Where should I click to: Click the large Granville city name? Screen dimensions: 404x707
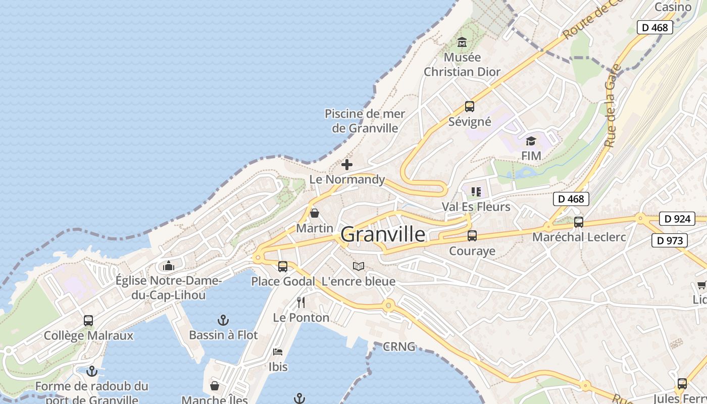(383, 234)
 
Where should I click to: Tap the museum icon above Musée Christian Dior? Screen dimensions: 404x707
(462, 42)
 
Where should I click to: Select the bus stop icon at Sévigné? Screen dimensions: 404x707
(470, 107)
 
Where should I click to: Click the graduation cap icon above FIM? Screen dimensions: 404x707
(531, 141)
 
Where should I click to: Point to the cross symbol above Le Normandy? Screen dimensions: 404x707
(347, 164)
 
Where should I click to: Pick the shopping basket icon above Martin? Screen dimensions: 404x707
(315, 213)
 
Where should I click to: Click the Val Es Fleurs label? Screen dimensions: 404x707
(476, 207)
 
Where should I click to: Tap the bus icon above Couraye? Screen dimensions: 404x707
(472, 236)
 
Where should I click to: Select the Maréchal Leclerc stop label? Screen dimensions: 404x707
(579, 237)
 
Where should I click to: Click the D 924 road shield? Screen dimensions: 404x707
(677, 219)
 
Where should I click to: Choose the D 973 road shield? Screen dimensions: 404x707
(670, 241)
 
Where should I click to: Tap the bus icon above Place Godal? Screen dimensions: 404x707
(283, 266)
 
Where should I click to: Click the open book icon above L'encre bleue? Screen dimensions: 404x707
(359, 266)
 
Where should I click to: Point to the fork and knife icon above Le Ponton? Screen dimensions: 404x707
(301, 302)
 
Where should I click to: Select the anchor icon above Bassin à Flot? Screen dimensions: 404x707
(223, 320)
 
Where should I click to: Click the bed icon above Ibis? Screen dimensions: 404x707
(278, 352)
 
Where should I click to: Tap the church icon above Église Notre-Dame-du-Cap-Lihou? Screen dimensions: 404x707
(168, 266)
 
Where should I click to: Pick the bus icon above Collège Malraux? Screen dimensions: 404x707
(88, 320)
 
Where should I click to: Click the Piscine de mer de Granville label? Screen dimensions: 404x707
(365, 121)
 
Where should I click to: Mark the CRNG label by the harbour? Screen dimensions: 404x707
(399, 347)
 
